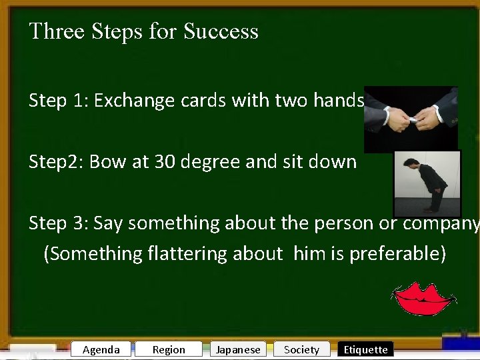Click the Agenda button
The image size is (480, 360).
click(101, 349)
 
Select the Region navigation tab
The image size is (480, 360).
click(169, 349)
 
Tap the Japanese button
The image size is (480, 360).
click(238, 349)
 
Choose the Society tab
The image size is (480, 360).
click(301, 349)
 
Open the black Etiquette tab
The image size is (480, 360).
click(365, 349)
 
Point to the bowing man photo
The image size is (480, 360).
click(427, 183)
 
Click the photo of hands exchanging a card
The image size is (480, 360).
click(411, 119)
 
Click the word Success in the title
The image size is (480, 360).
click(221, 31)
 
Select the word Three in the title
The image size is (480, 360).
click(57, 31)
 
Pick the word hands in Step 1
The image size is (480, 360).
click(341, 101)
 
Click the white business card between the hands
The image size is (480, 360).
click(413, 120)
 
